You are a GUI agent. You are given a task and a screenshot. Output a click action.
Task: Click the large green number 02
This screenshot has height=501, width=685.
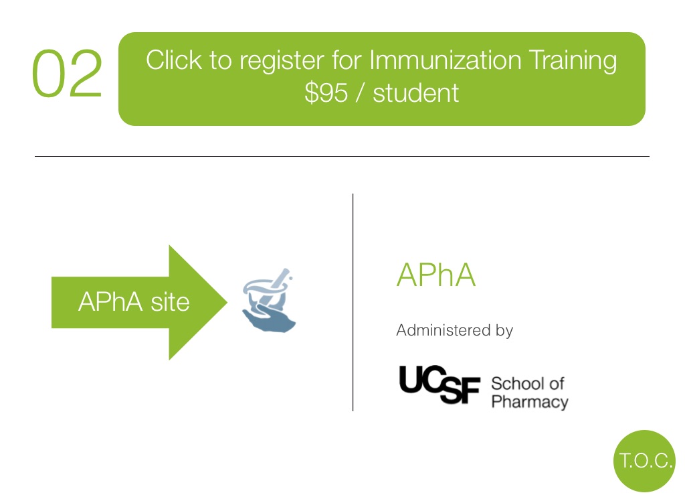coord(68,73)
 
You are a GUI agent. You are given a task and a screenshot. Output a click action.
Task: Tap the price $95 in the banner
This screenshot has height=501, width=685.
coord(326,92)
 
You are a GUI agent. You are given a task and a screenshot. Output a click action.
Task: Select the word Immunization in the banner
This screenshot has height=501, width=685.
coord(446,60)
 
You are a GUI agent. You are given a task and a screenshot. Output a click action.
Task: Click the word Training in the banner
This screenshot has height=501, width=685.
coord(573,61)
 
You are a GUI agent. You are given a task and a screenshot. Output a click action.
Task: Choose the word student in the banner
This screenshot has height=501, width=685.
coord(415,92)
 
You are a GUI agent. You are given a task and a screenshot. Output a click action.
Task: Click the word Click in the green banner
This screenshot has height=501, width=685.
coord(174,60)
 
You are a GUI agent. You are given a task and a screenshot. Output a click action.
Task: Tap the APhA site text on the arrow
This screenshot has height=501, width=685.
coord(134,302)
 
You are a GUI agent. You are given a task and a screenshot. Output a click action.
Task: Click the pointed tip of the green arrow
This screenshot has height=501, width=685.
coord(227,302)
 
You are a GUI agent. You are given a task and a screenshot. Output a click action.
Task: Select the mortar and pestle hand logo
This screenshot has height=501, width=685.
coord(269,300)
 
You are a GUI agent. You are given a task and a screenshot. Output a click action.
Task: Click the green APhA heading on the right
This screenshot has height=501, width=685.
coord(435,275)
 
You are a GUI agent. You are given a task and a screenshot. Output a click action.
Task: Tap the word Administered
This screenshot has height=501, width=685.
coord(443,330)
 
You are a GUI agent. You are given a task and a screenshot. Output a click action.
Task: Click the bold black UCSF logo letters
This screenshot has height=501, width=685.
coord(439,384)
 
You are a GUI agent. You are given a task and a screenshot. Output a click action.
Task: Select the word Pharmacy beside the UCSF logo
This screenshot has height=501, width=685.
coord(530,402)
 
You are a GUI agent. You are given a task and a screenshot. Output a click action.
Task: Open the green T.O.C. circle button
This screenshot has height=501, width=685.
coord(644,461)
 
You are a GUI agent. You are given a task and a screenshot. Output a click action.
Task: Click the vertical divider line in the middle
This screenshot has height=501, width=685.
coord(353,302)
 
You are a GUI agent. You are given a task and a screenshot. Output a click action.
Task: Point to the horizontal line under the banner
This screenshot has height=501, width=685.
coord(342,156)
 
